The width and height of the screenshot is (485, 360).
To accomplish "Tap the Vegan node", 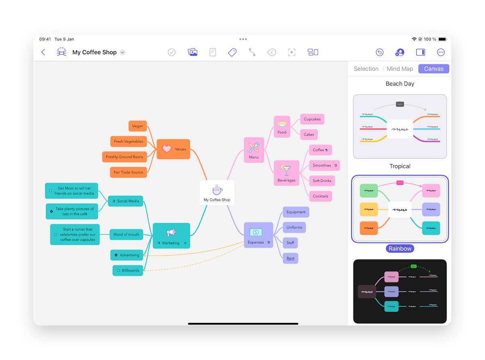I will tap(137, 126).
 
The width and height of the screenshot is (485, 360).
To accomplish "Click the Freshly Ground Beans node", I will tap(124, 157).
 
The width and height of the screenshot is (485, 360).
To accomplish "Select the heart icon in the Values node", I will tap(167, 149).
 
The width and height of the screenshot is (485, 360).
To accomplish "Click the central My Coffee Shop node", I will tap(217, 192).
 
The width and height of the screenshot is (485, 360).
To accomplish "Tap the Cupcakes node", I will tap(312, 119).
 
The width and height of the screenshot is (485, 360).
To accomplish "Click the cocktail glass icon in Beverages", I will tap(286, 170).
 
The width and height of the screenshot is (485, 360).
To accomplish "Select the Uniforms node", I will tap(294, 227).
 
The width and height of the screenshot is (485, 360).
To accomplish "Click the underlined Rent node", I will tap(290, 258).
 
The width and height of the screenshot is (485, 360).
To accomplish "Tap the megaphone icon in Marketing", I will tap(171, 233).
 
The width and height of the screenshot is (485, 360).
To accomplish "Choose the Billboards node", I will tap(128, 270).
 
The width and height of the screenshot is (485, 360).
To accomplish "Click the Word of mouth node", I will tap(126, 234).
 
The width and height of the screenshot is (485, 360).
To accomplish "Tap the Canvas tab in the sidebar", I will tap(434, 69).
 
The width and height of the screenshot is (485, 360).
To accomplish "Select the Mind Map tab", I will tap(400, 69).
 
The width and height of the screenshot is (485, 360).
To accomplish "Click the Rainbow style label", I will tap(400, 248).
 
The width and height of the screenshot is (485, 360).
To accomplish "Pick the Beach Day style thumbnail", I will tap(400, 126).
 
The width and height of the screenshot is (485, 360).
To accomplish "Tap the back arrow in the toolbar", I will tap(43, 52).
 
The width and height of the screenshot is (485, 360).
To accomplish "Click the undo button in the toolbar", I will tap(380, 52).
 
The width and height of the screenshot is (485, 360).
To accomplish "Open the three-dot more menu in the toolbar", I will tap(441, 52).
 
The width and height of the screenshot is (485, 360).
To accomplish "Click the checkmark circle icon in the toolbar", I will tap(172, 52).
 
